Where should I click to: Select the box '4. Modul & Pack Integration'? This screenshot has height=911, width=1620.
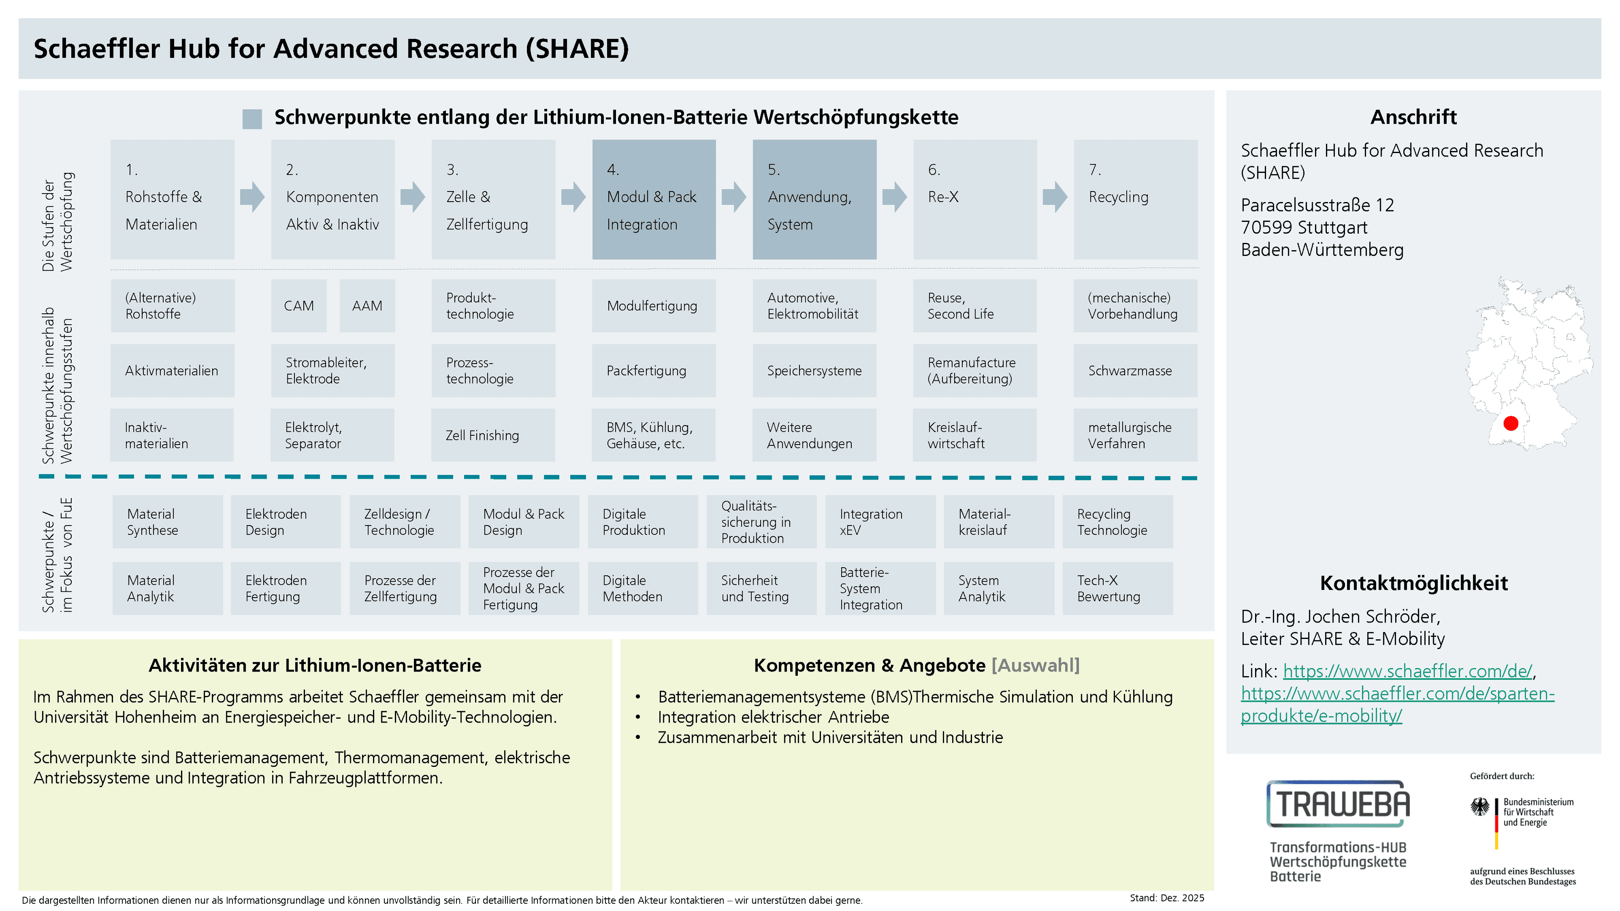point(653,199)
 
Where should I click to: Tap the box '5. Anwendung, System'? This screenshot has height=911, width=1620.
point(814,199)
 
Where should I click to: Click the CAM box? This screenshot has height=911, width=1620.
point(299,305)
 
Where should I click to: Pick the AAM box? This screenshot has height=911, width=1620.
point(367,305)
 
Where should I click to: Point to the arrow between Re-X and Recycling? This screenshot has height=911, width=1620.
point(1055,197)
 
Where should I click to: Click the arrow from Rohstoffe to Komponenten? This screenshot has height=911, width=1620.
point(252,197)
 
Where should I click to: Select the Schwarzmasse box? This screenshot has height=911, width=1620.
point(1135,370)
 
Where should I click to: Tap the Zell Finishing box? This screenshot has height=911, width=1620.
point(493,435)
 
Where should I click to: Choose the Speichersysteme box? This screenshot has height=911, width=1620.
point(814,370)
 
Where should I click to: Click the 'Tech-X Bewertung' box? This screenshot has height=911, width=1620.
point(1118,588)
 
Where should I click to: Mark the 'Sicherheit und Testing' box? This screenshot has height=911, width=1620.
point(761,588)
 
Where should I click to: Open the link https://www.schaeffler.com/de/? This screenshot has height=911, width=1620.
point(1407,671)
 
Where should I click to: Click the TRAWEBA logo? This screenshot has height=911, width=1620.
point(1338,803)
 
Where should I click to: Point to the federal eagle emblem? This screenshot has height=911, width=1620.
point(1480,807)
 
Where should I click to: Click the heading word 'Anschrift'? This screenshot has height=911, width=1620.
point(1413,117)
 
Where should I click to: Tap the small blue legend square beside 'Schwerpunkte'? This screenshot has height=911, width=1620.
point(252,119)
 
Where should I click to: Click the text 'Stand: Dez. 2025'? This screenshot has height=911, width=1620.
point(1166,898)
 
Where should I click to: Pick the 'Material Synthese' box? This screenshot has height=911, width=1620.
point(168,521)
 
